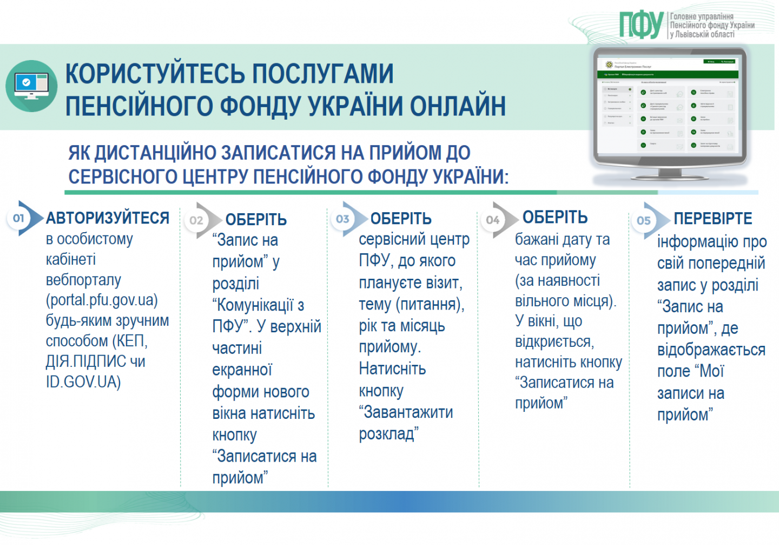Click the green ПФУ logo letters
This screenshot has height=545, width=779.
pyautogui.click(x=641, y=25)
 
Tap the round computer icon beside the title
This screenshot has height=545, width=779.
pyautogui.click(x=31, y=86)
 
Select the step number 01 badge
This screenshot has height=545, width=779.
pyautogui.click(x=19, y=218)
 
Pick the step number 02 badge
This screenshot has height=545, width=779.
pyautogui.click(x=196, y=220)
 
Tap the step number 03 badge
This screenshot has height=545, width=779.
pyautogui.click(x=342, y=219)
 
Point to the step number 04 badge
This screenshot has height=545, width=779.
pyautogui.click(x=492, y=220)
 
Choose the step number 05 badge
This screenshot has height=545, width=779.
pyautogui.click(x=644, y=220)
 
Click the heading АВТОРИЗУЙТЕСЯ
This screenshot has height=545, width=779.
pyautogui.click(x=108, y=218)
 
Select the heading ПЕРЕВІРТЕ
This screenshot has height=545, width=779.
pyautogui.click(x=712, y=219)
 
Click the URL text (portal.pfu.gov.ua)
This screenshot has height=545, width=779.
pyautogui.click(x=102, y=300)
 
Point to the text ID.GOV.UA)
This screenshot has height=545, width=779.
pyautogui.click(x=83, y=382)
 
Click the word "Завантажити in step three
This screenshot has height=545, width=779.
pyautogui.click(x=406, y=412)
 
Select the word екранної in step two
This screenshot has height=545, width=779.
pyautogui.click(x=242, y=370)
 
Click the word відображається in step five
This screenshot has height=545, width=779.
pyautogui.click(x=711, y=350)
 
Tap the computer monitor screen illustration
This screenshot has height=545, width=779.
pyautogui.click(x=669, y=106)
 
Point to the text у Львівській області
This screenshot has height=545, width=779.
pyautogui.click(x=702, y=34)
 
